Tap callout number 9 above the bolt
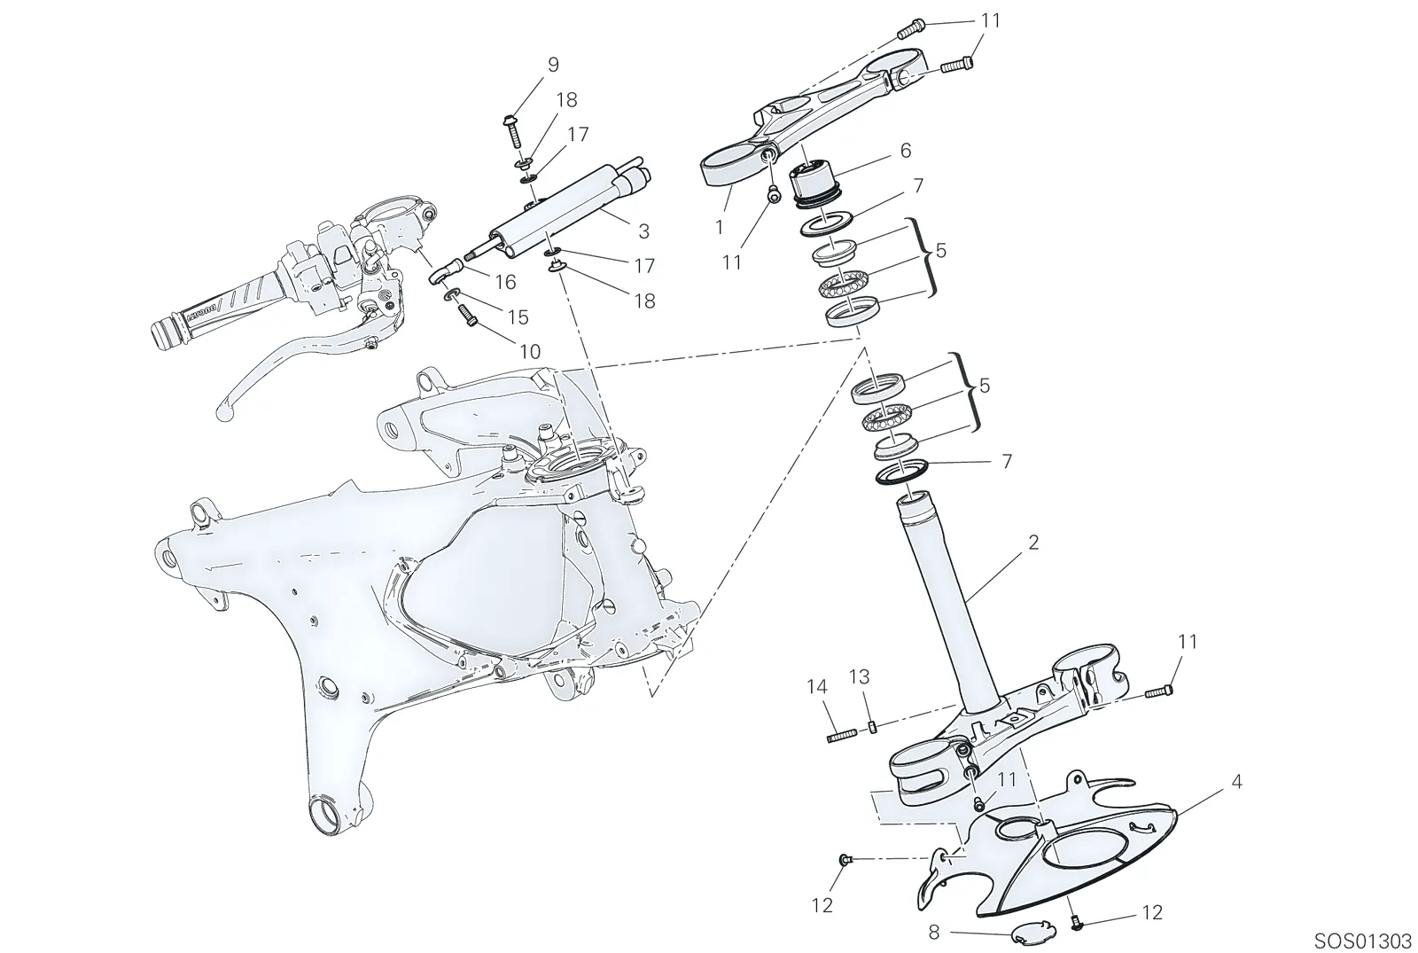click(553, 65)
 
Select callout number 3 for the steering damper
click(643, 231)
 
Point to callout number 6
click(905, 151)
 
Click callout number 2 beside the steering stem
click(1033, 543)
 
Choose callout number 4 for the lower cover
click(1236, 781)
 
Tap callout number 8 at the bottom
click(934, 932)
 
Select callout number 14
click(817, 686)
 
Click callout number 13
click(860, 677)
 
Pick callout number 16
click(506, 282)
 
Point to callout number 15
click(518, 317)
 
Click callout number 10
click(530, 352)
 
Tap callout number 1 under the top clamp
click(719, 227)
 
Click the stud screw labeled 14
click(841, 736)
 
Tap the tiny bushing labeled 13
click(872, 726)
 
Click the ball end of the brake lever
click(225, 413)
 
